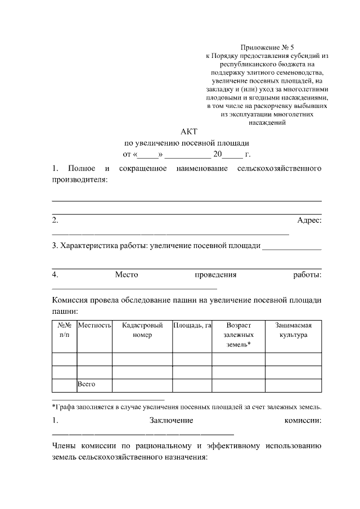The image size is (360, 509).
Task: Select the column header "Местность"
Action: coord(94,326)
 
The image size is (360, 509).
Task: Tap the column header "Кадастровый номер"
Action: coord(142,330)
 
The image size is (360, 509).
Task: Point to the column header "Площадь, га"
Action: coord(192,326)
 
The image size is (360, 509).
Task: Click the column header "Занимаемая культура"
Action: coord(293,330)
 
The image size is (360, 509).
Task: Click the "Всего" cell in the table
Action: coord(87,385)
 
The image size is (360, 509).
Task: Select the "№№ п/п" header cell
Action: coord(64,330)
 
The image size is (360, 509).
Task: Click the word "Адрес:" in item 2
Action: coord(309,220)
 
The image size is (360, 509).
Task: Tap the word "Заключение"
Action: coord(172,420)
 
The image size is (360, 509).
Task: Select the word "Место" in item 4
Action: coord(127,275)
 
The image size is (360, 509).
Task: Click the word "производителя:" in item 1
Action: coord(79,179)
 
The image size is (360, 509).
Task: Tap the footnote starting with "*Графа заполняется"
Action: coord(186,406)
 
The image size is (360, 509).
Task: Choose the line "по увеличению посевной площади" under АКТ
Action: coord(186,143)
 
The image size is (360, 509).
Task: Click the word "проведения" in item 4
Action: coord(215,275)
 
